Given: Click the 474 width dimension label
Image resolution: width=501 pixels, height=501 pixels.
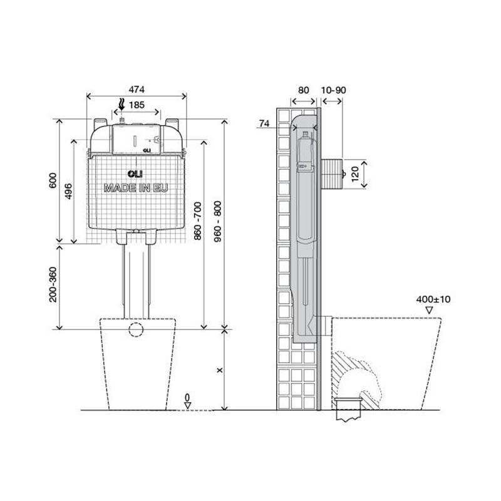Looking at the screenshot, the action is point(137,90).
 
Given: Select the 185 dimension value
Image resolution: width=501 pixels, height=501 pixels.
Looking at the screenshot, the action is point(137,105).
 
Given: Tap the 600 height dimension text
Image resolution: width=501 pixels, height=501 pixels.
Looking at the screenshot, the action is point(53,180).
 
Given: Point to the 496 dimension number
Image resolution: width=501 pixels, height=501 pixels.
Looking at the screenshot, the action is point(68,191).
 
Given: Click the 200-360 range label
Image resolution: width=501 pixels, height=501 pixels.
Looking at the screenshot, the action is point(53,285).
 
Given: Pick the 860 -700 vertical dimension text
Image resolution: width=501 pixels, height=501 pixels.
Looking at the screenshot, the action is point(197,221).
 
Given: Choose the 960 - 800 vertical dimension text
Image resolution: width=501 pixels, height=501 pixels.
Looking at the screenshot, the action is point(217,222).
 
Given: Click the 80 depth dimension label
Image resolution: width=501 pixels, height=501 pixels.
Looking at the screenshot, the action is point(303,90).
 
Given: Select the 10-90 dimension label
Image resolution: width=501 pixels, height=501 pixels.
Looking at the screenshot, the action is point(333,90).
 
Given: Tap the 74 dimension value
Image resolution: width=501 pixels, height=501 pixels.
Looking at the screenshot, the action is point(264,123).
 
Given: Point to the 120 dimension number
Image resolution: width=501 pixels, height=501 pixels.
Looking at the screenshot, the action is point(355,175).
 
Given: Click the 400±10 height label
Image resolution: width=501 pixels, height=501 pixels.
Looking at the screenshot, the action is point(433,299).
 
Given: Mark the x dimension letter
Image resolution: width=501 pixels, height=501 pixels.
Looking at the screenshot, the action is point(220,370).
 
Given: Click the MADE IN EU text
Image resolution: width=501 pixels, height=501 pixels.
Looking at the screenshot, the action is point(136,188).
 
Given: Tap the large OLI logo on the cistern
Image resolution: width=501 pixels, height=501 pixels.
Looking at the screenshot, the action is point(135,174).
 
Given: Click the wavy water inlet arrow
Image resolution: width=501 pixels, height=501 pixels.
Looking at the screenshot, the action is point(121,104).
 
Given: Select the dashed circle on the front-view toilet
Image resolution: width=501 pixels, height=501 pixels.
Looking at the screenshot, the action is point(136,329).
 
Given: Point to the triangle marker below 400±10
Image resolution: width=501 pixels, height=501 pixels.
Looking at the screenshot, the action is point(430,310).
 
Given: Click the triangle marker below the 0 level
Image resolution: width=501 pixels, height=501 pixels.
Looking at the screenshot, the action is point(187,405).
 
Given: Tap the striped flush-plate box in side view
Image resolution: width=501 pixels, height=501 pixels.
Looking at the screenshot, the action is point(331,174).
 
